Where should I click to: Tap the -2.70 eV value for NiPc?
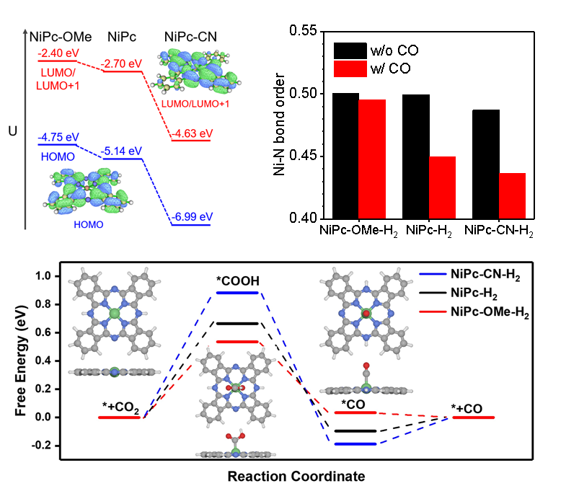(123, 63)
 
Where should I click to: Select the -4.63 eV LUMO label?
(192, 133)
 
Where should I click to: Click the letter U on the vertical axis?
(12, 132)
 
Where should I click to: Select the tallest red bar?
(372, 158)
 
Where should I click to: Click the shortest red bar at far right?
(512, 195)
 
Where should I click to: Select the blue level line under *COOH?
(237, 292)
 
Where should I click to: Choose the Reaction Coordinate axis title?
(296, 476)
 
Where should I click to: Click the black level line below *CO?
(355, 430)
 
